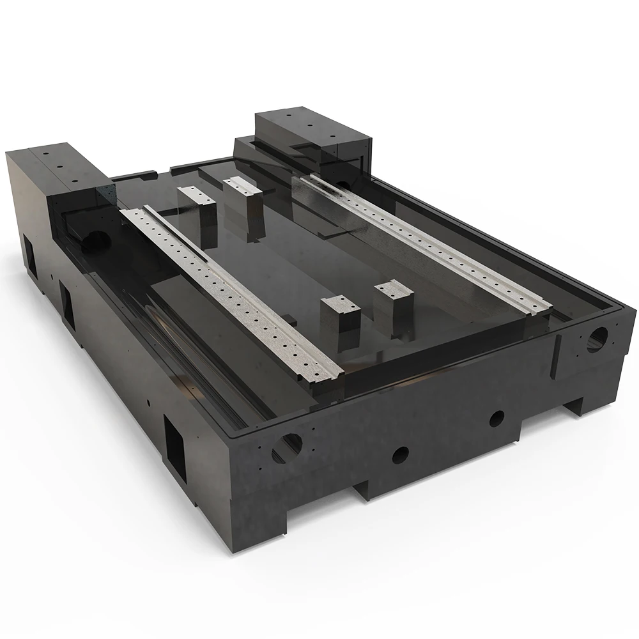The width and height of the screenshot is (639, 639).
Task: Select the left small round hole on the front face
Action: coord(401,454)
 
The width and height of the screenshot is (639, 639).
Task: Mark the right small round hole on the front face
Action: coord(497,419)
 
